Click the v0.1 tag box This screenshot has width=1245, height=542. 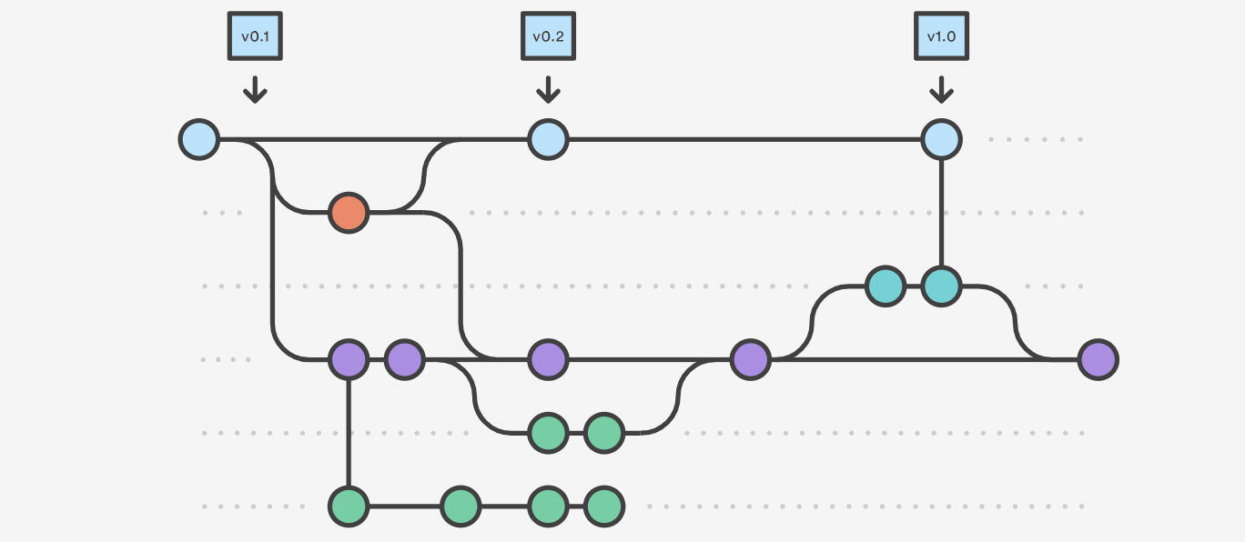255,37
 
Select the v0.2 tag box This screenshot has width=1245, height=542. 548,37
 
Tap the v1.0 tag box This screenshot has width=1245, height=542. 941,37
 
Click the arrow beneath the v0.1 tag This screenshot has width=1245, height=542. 255,89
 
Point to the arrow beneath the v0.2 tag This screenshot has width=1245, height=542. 548,89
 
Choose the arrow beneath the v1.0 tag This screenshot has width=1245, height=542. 941,89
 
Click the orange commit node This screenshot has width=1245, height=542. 349,213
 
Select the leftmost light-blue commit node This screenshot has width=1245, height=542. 199,140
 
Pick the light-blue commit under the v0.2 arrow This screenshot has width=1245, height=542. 548,140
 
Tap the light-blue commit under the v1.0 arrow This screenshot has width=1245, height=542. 941,140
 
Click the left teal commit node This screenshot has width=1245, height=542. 885,286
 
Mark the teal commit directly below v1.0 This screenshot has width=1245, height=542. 941,286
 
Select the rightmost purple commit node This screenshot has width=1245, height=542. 1098,360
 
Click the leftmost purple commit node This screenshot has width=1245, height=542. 349,360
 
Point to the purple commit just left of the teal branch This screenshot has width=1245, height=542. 750,360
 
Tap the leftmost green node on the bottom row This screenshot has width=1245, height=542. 349,507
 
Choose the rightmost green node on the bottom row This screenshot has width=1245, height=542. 603,507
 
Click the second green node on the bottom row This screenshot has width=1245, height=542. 461,507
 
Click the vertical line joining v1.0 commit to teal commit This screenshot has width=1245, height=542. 941,213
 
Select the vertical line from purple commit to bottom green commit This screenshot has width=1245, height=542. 349,433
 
